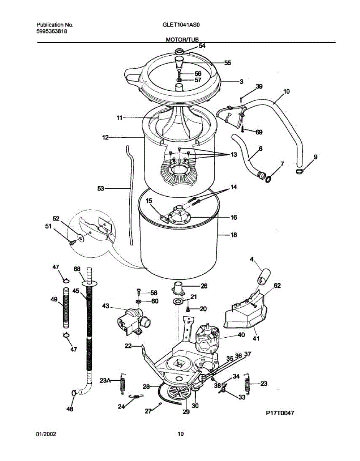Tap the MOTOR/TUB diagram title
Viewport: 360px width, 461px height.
pyautogui.click(x=182, y=40)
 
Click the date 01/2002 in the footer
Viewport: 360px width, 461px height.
pyautogui.click(x=46, y=434)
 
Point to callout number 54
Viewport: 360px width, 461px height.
pyautogui.click(x=202, y=46)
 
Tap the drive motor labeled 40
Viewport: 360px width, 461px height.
pyautogui.click(x=207, y=338)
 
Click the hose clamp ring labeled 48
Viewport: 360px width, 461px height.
pyautogui.click(x=73, y=393)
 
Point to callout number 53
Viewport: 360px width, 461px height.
pyautogui.click(x=101, y=188)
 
